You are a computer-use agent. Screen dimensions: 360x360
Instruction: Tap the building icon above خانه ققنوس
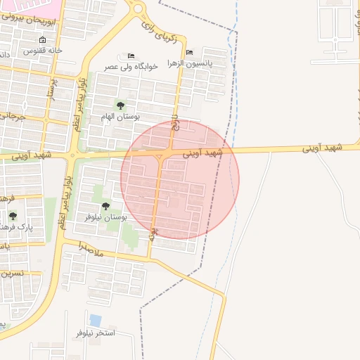tap(43, 40)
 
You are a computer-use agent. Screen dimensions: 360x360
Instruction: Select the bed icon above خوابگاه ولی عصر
tap(131, 56)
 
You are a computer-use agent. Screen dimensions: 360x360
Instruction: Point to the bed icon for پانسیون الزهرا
tap(189, 53)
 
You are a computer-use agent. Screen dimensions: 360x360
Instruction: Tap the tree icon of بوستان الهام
tap(120, 105)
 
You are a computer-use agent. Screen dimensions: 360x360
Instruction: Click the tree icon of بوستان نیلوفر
tap(105, 206)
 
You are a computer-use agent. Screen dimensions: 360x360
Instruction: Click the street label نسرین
tap(11, 273)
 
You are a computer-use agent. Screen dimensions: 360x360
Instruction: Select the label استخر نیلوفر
tap(95, 333)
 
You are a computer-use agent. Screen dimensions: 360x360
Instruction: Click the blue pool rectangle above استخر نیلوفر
tap(96, 321)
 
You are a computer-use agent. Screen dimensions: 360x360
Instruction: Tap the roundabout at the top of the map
tap(138, 8)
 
